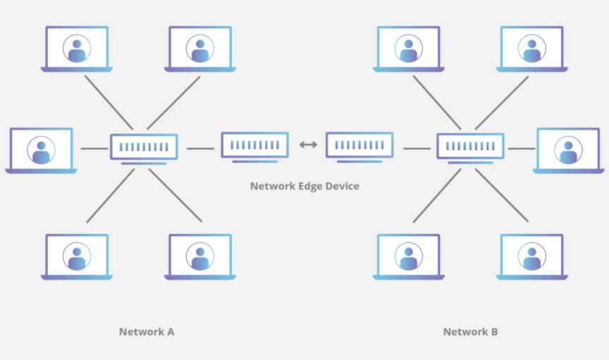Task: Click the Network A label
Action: [x=147, y=332]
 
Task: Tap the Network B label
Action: [x=470, y=332]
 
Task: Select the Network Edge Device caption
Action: [x=304, y=187]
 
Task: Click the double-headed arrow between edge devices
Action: [x=307, y=145]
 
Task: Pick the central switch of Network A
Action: [x=144, y=147]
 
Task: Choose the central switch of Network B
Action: [x=470, y=147]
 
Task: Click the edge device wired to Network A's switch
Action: [x=254, y=146]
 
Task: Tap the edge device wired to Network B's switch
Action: [x=359, y=146]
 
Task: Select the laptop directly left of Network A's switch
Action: [x=41, y=150]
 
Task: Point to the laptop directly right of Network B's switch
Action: [x=568, y=150]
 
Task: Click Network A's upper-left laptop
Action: [x=77, y=49]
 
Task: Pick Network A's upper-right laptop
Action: [x=200, y=49]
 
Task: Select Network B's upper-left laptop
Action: [x=409, y=49]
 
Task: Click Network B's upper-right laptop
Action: [x=532, y=49]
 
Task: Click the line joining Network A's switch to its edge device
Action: [x=200, y=149]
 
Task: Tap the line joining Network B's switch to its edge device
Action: [x=417, y=149]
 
